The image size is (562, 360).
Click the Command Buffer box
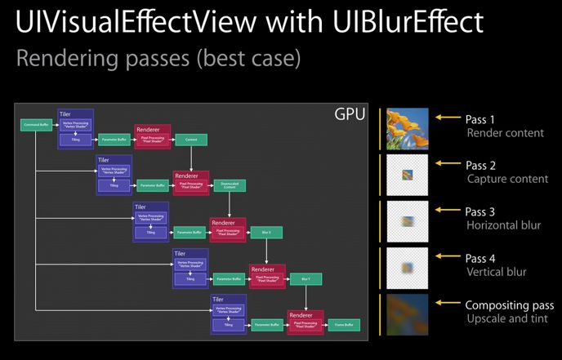[35, 124]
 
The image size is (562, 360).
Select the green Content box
[190, 140]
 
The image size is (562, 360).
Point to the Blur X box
[266, 232]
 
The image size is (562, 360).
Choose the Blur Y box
[306, 278]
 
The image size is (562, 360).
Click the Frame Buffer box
[343, 325]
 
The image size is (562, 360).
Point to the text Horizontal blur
[503, 225]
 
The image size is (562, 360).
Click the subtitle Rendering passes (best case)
[158, 60]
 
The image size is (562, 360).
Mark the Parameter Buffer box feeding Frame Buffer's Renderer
[267, 325]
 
